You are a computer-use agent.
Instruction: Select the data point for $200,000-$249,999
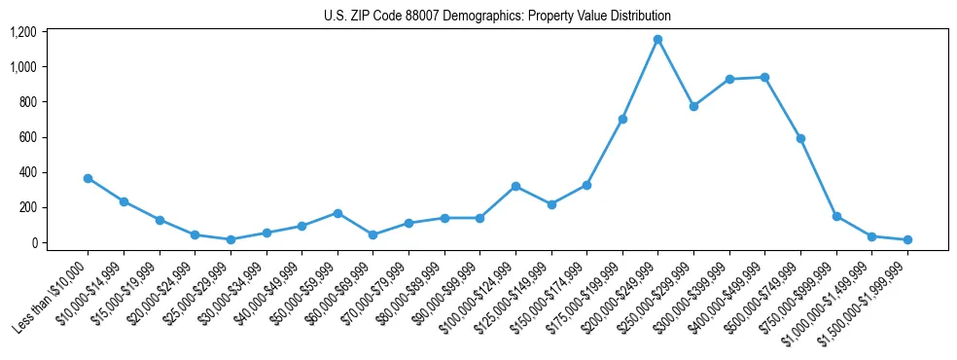point(657,39)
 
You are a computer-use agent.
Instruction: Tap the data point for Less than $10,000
point(88,178)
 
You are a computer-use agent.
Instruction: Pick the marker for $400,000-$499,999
point(764,77)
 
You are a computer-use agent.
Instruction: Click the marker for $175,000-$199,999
point(622,119)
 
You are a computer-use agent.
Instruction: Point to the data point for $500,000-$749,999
point(800,138)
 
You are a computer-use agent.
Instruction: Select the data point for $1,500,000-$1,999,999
point(907,239)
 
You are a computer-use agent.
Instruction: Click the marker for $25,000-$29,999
point(230,239)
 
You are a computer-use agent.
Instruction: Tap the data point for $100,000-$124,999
point(515,186)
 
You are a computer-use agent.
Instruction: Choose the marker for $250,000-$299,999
point(693,106)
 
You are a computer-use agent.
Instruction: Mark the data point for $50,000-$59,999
point(337,213)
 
